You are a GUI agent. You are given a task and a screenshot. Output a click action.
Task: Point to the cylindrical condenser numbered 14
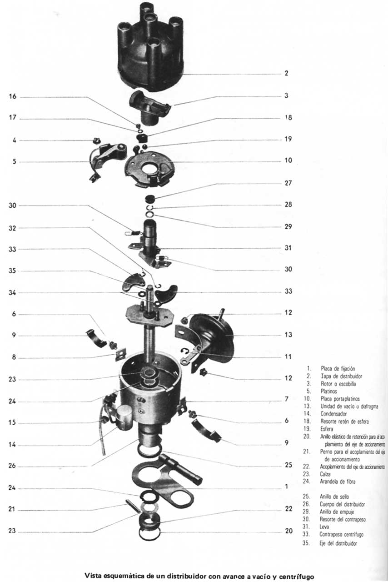124,417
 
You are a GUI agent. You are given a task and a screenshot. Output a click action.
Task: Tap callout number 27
288,183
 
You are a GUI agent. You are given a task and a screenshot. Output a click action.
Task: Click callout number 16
12,96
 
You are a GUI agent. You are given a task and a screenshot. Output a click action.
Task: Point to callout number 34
12,292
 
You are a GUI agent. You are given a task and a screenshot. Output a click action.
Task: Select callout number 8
14,358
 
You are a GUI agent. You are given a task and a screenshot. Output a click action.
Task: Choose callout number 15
12,423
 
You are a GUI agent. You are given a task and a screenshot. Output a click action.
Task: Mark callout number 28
288,205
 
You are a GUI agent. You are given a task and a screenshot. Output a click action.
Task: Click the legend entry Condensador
333,414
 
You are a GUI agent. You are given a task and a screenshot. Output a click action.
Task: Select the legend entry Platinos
329,391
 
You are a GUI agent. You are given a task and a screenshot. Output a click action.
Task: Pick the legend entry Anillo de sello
334,497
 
